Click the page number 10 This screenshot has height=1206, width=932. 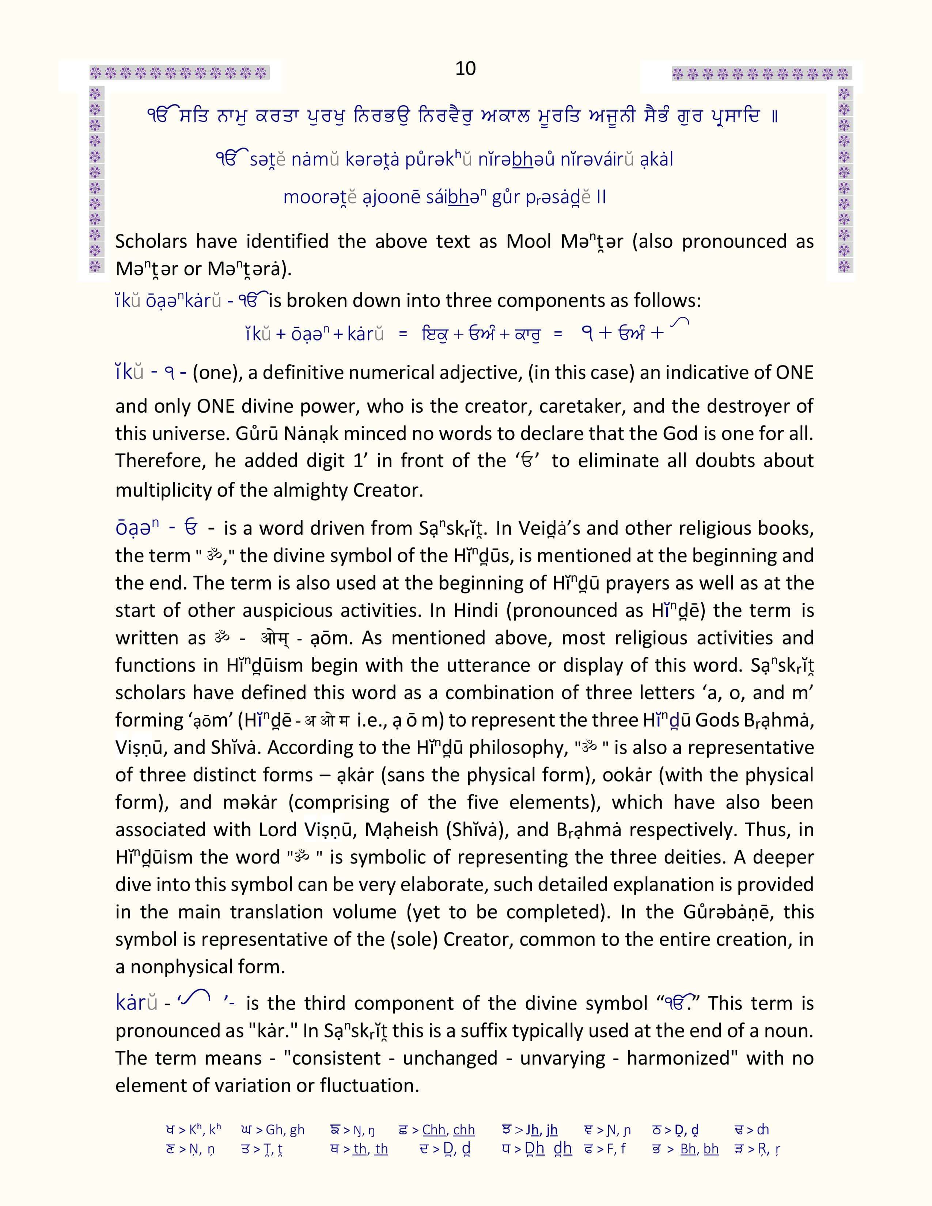coord(465,68)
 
